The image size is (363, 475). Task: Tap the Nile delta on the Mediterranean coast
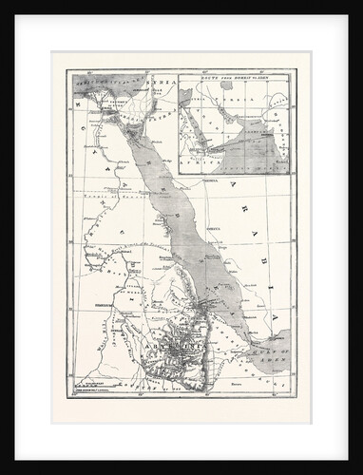tap(99, 101)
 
